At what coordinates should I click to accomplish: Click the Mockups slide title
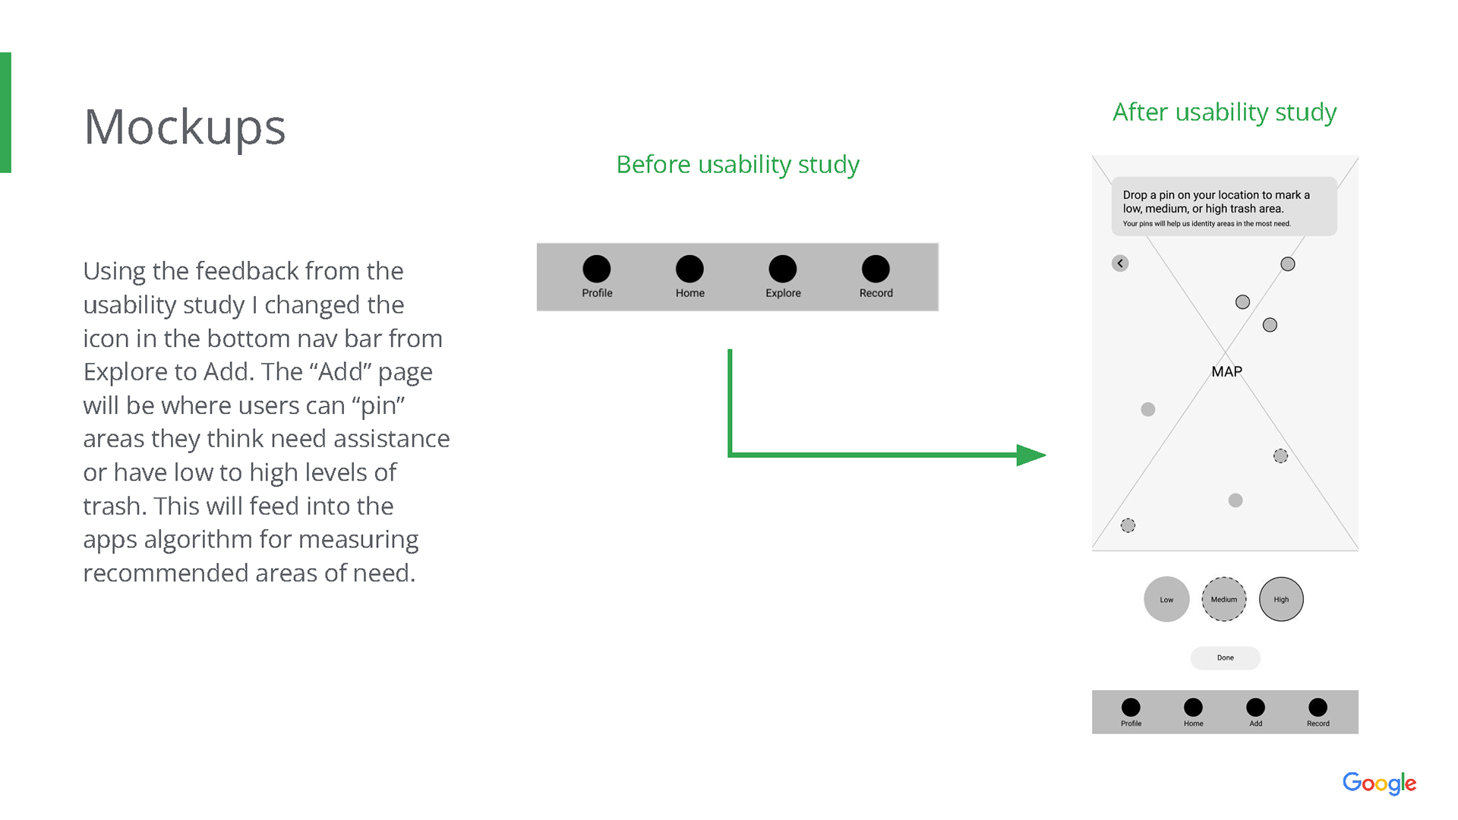click(185, 127)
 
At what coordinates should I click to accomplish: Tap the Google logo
click(1379, 783)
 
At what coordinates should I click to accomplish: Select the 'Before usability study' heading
click(737, 164)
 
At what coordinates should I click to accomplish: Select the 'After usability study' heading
click(1224, 112)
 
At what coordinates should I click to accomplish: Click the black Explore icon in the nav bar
click(782, 269)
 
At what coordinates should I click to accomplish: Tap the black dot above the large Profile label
click(597, 269)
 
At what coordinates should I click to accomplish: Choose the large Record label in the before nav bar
click(876, 293)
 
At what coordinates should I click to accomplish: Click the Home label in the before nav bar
click(690, 293)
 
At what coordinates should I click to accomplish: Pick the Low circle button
click(1166, 599)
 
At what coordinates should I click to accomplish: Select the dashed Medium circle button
click(1223, 599)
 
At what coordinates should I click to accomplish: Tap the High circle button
click(1281, 599)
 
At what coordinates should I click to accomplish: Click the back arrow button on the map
click(1120, 263)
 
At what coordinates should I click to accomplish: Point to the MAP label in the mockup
click(1226, 371)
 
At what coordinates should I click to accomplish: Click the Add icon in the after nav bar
click(1255, 708)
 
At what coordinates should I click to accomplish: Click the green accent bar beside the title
click(5, 112)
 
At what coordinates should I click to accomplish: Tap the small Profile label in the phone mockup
click(1131, 724)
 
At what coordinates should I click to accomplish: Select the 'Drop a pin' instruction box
click(1223, 207)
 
